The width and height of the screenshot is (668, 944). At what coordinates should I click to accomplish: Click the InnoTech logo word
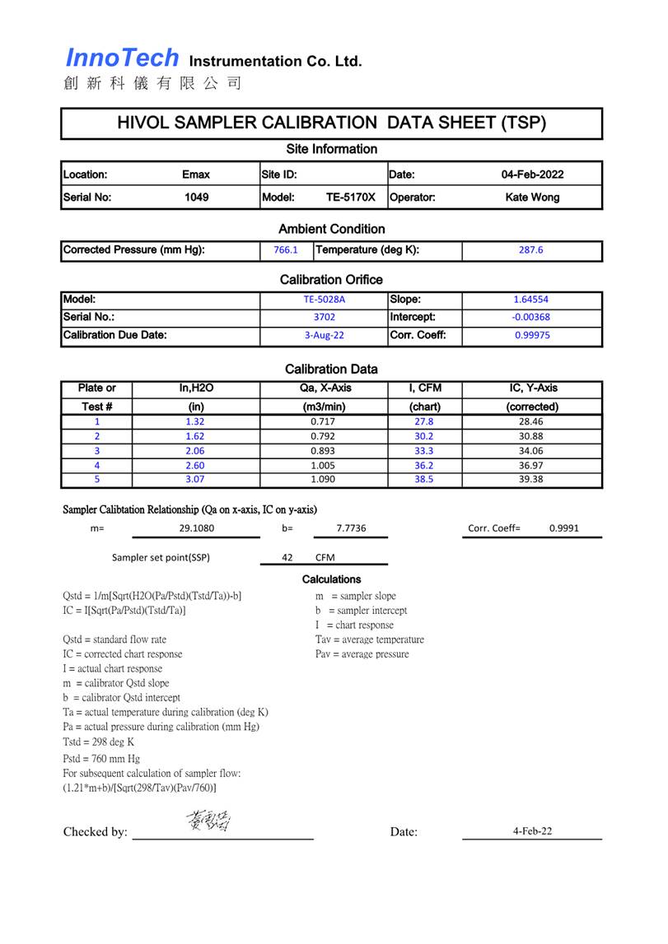pyautogui.click(x=122, y=58)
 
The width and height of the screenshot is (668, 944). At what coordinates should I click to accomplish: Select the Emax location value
pyautogui.click(x=196, y=174)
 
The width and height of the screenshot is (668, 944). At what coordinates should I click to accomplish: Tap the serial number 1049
pyautogui.click(x=196, y=198)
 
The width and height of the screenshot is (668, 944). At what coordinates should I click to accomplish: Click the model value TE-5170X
pyautogui.click(x=350, y=198)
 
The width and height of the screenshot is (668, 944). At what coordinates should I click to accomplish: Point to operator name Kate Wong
pyautogui.click(x=532, y=198)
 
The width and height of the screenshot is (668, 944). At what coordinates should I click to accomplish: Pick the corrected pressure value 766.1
pyautogui.click(x=285, y=250)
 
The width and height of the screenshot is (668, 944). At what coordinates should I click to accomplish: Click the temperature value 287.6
pyautogui.click(x=531, y=250)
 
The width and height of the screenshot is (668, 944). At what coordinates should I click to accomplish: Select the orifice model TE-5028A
pyautogui.click(x=324, y=300)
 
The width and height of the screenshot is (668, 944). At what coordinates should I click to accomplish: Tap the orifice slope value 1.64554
pyautogui.click(x=531, y=300)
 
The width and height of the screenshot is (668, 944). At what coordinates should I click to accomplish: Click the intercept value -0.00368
pyautogui.click(x=531, y=317)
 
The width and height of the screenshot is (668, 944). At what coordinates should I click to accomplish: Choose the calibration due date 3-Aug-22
pyautogui.click(x=324, y=336)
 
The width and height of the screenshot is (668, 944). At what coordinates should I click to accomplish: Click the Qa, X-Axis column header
pyautogui.click(x=325, y=388)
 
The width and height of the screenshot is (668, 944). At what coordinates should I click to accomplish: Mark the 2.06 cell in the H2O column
pyautogui.click(x=195, y=451)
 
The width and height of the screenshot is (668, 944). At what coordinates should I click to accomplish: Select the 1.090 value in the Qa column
pyautogui.click(x=324, y=479)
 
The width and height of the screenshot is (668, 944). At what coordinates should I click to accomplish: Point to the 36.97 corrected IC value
pyautogui.click(x=531, y=465)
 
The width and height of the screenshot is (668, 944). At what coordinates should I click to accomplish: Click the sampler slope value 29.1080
pyautogui.click(x=195, y=528)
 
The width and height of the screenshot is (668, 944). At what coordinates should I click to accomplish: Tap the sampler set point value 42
pyautogui.click(x=287, y=557)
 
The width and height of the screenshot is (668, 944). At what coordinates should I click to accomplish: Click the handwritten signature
pyautogui.click(x=208, y=820)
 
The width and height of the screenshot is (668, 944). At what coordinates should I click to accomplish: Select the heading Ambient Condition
pyautogui.click(x=332, y=229)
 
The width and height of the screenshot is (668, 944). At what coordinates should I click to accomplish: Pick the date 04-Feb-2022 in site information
pyautogui.click(x=532, y=174)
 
